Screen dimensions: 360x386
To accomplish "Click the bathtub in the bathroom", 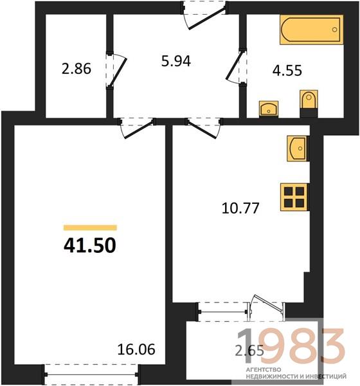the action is click(311, 30).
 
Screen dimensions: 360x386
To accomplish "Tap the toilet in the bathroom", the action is click(309, 104).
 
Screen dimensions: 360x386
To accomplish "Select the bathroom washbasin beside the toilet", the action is click(269, 108).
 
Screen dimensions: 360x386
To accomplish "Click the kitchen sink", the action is click(298, 149).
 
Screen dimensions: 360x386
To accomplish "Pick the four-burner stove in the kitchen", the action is click(294, 198).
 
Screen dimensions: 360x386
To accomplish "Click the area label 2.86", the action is click(76, 69).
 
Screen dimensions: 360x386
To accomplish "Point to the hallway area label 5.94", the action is click(176, 61).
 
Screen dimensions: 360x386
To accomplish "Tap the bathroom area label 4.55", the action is click(287, 70).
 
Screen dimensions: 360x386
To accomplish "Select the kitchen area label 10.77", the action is click(240, 208).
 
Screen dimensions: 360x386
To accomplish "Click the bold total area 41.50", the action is click(90, 246).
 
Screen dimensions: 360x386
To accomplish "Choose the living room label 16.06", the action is click(136, 349).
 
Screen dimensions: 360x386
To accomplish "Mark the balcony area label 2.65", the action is click(249, 351).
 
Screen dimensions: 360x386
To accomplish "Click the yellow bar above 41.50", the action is click(90, 228).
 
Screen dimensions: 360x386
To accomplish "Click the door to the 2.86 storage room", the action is click(117, 69).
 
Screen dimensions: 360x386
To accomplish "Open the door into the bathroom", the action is click(235, 67).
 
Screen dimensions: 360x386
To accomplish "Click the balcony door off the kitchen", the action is click(266, 308).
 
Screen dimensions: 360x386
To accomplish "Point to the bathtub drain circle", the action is click(334, 30).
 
